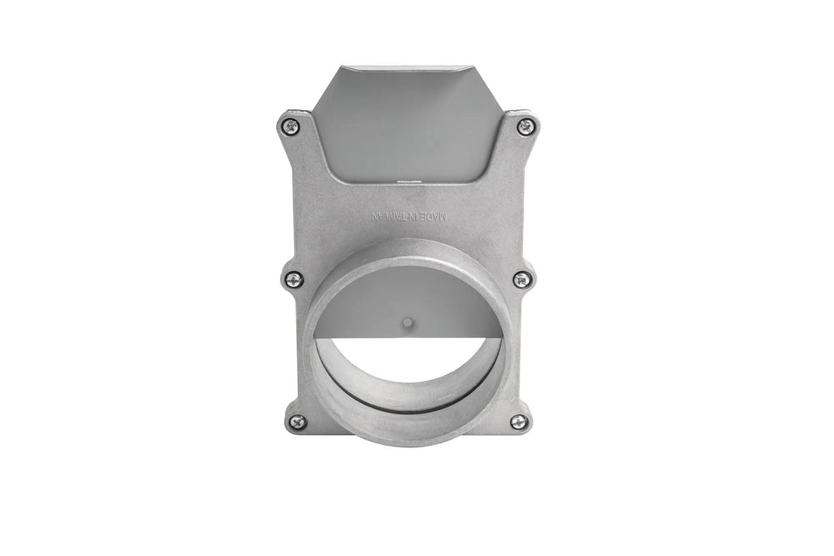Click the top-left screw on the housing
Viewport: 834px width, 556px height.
click(x=291, y=126)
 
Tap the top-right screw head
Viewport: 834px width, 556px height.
click(x=526, y=126)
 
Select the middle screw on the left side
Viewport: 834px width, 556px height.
click(x=294, y=279)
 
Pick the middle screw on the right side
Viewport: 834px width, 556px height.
click(x=522, y=279)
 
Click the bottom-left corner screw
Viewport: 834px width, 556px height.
click(x=297, y=422)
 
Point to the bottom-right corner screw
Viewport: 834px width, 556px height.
click(x=518, y=422)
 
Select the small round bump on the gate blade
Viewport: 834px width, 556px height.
click(x=408, y=322)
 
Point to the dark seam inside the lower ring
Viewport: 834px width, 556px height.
click(x=408, y=411)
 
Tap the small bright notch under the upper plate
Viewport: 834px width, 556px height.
click(x=404, y=182)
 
